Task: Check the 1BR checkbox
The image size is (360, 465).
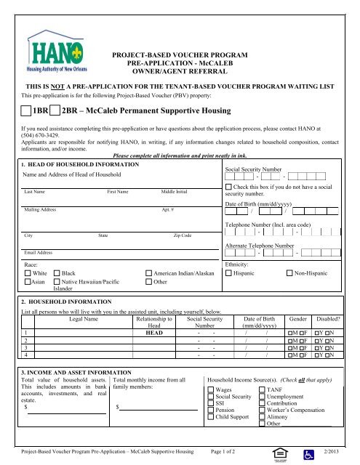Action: pos(27,111)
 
